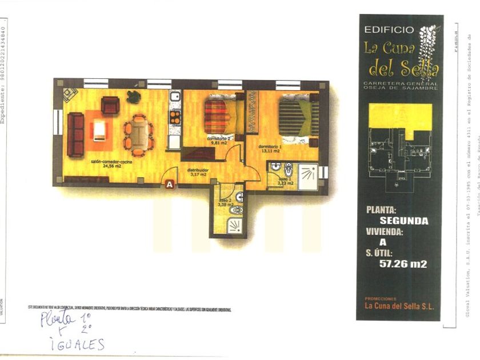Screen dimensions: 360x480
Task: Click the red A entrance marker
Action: [169, 184]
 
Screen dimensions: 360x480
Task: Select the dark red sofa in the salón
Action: [75, 134]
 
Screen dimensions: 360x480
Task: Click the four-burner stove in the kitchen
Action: [175, 118]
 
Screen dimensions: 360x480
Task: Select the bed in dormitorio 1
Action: [298, 118]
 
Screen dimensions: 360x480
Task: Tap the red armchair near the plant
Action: [110, 105]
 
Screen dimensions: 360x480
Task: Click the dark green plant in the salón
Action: [134, 97]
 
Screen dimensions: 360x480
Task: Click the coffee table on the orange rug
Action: [99, 130]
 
